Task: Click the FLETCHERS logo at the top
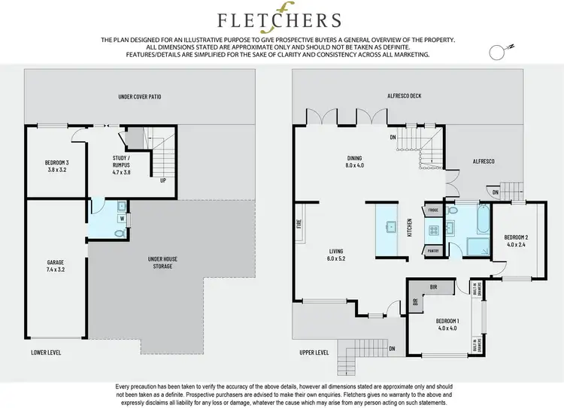point(279,20)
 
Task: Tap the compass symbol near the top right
point(497,51)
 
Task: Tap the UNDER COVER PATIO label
point(140,97)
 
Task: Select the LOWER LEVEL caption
point(47,352)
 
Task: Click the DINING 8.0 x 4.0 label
point(354,162)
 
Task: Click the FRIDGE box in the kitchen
point(432,211)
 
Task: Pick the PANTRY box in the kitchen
point(432,251)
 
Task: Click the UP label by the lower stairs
point(163,180)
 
